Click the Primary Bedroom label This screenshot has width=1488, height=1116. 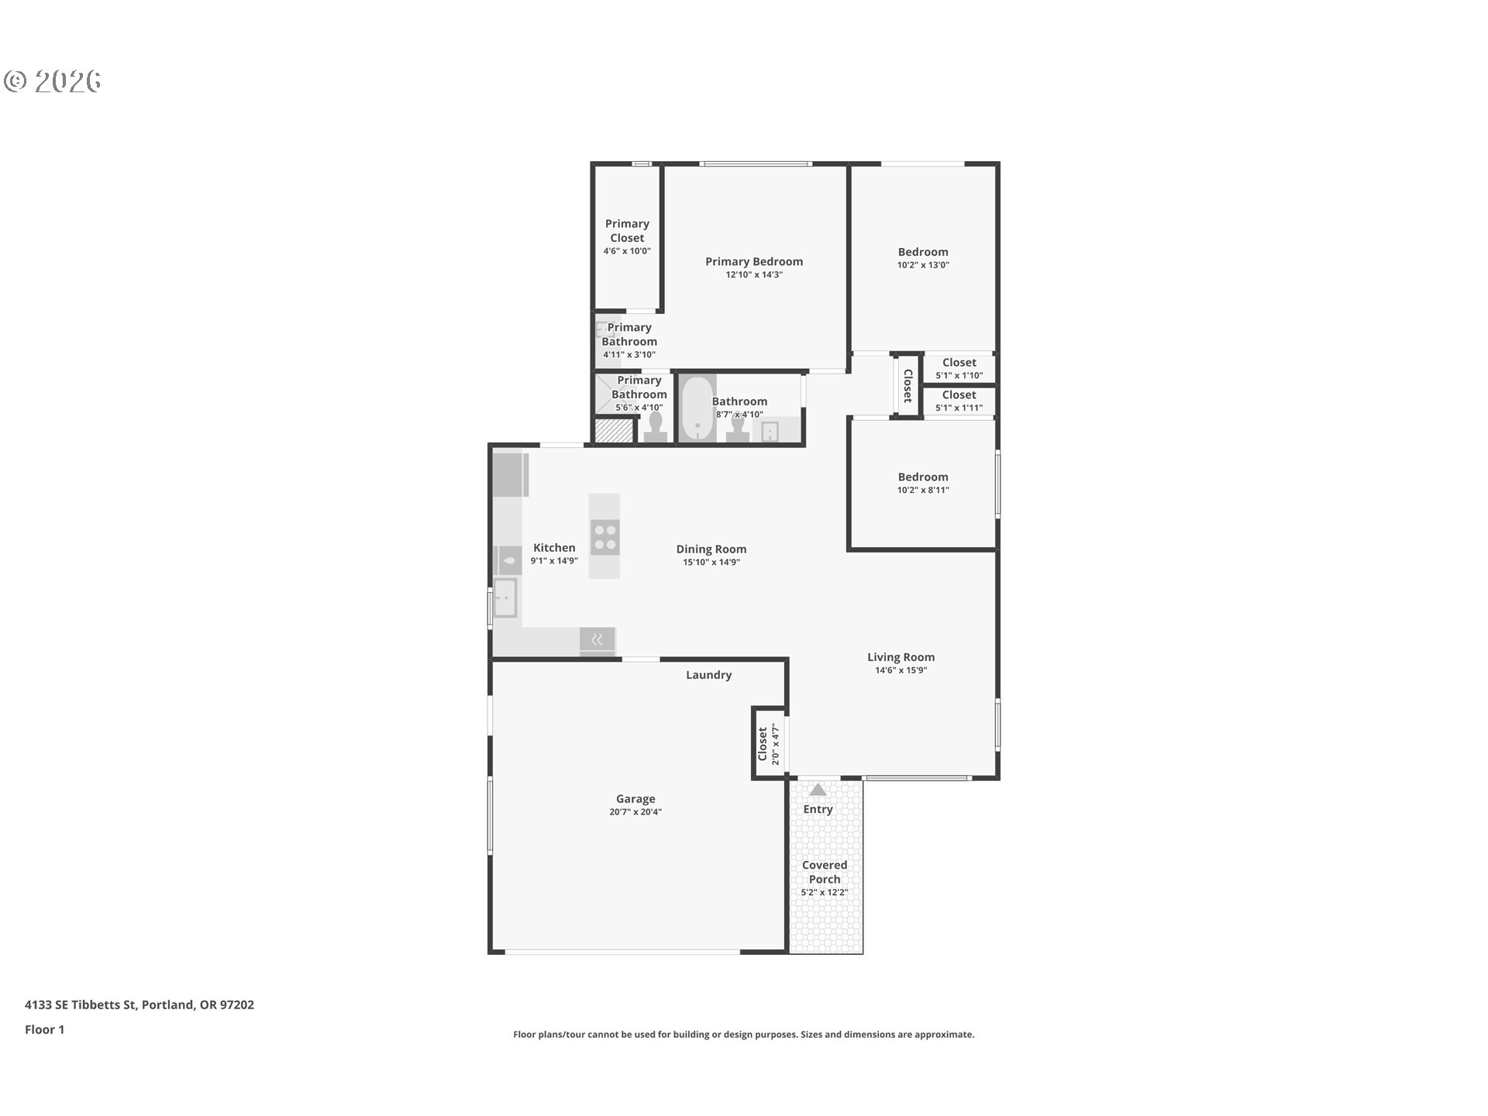(x=754, y=262)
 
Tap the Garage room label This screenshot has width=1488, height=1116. (x=635, y=799)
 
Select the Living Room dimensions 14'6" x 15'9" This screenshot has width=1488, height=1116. (x=901, y=670)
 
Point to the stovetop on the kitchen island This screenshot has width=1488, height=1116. (x=604, y=537)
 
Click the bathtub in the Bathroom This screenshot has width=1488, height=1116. (x=697, y=408)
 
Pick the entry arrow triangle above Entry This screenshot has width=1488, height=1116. (x=818, y=790)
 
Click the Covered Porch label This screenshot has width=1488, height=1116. (x=825, y=872)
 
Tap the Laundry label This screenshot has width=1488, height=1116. (x=708, y=675)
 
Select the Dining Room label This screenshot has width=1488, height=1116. (x=711, y=549)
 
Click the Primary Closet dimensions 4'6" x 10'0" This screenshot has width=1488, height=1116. (x=627, y=251)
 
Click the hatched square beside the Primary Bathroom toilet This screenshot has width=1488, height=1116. (x=613, y=431)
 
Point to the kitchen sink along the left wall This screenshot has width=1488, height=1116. (x=505, y=598)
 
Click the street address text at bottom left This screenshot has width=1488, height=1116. (x=139, y=1005)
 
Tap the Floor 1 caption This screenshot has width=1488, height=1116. (x=44, y=1030)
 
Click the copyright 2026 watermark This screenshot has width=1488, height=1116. (x=53, y=81)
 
